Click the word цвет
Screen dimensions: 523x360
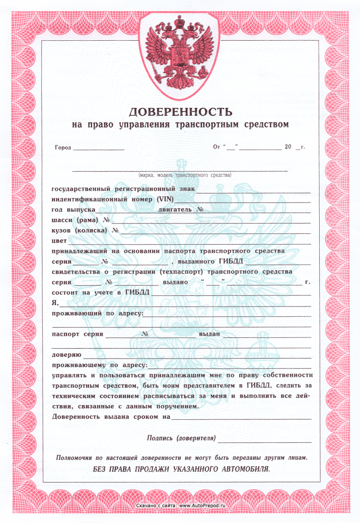point(59,241)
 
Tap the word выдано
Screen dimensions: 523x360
point(175,283)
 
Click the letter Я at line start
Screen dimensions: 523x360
point(54,303)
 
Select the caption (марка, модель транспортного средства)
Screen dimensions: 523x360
point(185,175)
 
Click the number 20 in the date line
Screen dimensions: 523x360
point(288,147)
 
